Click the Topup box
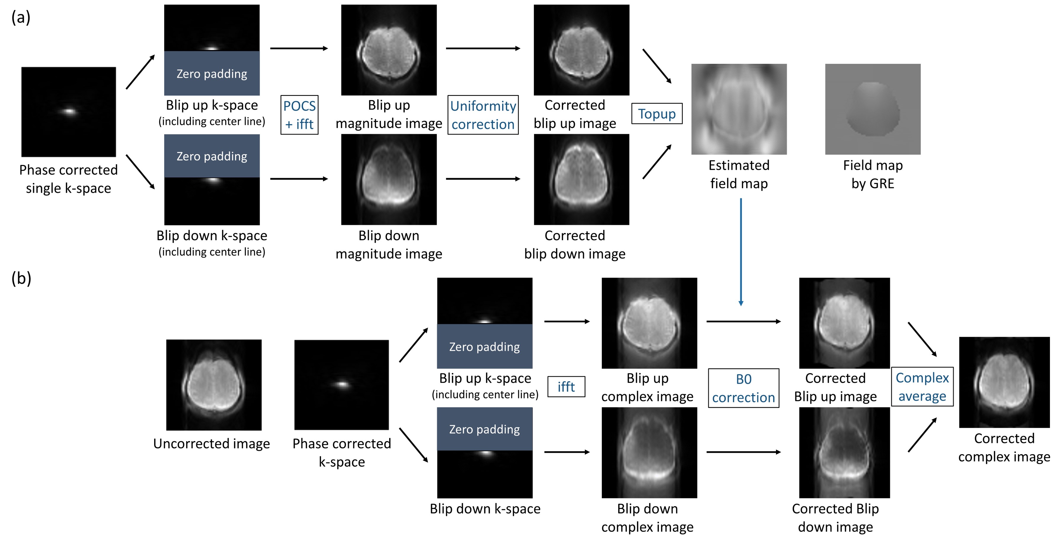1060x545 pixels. (657, 114)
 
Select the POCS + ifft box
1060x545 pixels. (300, 115)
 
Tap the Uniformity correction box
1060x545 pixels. (483, 115)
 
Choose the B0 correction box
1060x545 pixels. (743, 388)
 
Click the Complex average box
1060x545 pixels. (922, 387)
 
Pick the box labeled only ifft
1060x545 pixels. (566, 387)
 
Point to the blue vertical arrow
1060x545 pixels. (741, 251)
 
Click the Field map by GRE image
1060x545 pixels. (873, 109)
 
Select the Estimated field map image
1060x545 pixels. (739, 109)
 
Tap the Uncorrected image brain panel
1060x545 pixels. (213, 385)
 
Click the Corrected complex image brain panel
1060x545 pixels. (1005, 382)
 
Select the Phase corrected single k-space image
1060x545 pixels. (69, 112)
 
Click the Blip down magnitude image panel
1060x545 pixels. (389, 180)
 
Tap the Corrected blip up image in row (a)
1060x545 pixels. (582, 50)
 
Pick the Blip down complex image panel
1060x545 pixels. (649, 453)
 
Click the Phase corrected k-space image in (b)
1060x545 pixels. (341, 385)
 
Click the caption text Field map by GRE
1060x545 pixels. (873, 174)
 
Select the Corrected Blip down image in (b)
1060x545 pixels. (845, 453)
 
